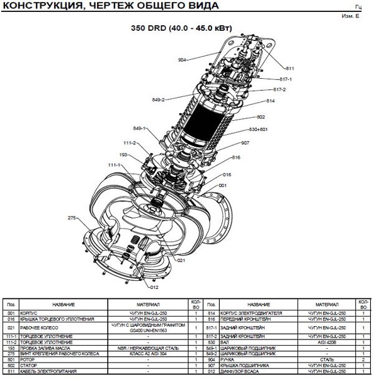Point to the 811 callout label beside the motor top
point(290,67)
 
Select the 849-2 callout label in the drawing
point(158,99)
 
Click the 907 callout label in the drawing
point(244,143)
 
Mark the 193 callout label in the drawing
point(123,154)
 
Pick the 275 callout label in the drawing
point(72,217)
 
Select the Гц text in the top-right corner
point(358,7)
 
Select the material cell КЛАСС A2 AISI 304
point(148,354)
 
